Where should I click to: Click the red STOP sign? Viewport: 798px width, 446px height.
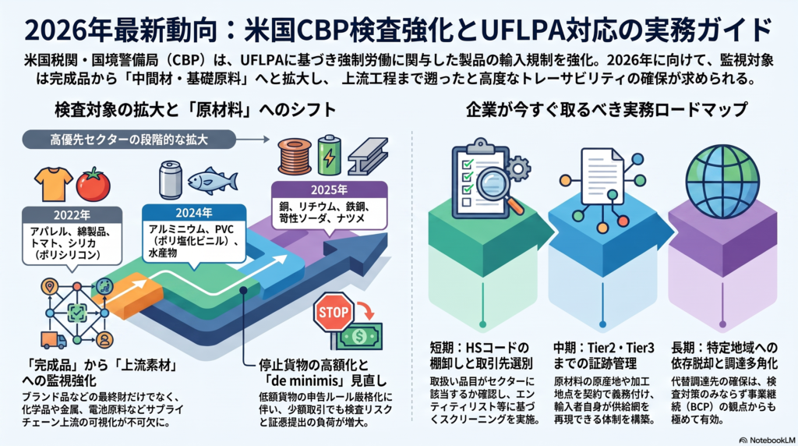click(334, 312)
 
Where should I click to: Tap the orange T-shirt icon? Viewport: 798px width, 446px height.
click(54, 183)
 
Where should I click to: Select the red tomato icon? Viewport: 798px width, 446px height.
click(94, 184)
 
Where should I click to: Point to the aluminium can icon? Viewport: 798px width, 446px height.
click(171, 179)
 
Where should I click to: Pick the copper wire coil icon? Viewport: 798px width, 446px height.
click(295, 156)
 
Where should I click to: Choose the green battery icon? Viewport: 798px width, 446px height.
click(330, 155)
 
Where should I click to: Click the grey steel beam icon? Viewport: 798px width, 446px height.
click(368, 156)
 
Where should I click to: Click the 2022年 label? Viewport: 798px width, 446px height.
click(72, 215)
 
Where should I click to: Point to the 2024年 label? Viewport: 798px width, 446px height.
click(194, 213)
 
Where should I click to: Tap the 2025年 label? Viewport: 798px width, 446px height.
click(330, 190)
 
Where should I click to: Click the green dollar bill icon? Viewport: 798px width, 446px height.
click(359, 336)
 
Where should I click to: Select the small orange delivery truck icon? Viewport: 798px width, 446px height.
click(54, 340)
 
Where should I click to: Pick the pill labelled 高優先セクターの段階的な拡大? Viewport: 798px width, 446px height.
click(129, 140)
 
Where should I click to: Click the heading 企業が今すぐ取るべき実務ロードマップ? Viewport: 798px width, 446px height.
click(606, 109)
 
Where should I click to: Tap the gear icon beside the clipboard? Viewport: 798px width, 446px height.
click(518, 167)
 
